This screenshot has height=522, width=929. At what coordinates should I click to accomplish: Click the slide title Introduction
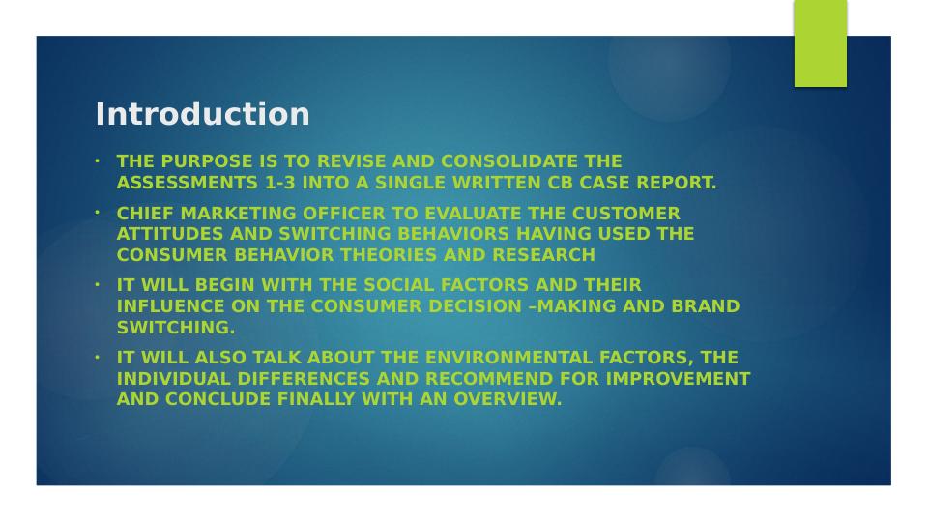(x=202, y=114)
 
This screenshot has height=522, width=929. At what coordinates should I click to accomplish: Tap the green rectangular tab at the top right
(x=820, y=43)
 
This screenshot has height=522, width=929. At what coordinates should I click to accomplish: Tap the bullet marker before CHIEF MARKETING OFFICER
(x=98, y=211)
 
